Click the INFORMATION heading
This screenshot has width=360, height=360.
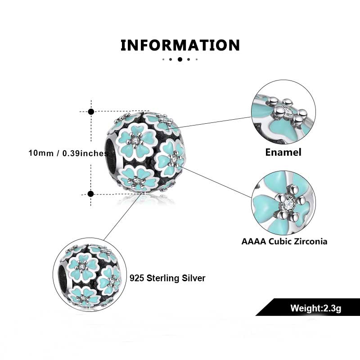[x=180, y=45]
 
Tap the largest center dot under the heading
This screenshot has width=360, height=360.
[x=180, y=59]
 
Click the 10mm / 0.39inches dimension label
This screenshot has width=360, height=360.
[x=68, y=153]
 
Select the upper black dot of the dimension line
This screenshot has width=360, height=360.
[x=91, y=112]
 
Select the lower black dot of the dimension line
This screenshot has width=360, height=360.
[x=91, y=194]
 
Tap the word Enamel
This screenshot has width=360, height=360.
[x=283, y=152]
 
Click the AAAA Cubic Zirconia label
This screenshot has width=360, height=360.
[x=284, y=242]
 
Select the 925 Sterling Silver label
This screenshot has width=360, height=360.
[x=167, y=278]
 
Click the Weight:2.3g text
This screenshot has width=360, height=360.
[x=316, y=308]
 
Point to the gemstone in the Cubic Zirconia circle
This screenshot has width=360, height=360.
[x=287, y=202]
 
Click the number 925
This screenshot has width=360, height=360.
[x=137, y=278]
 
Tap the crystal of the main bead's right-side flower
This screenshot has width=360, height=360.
[x=174, y=158]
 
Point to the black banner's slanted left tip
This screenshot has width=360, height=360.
[x=256, y=315]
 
